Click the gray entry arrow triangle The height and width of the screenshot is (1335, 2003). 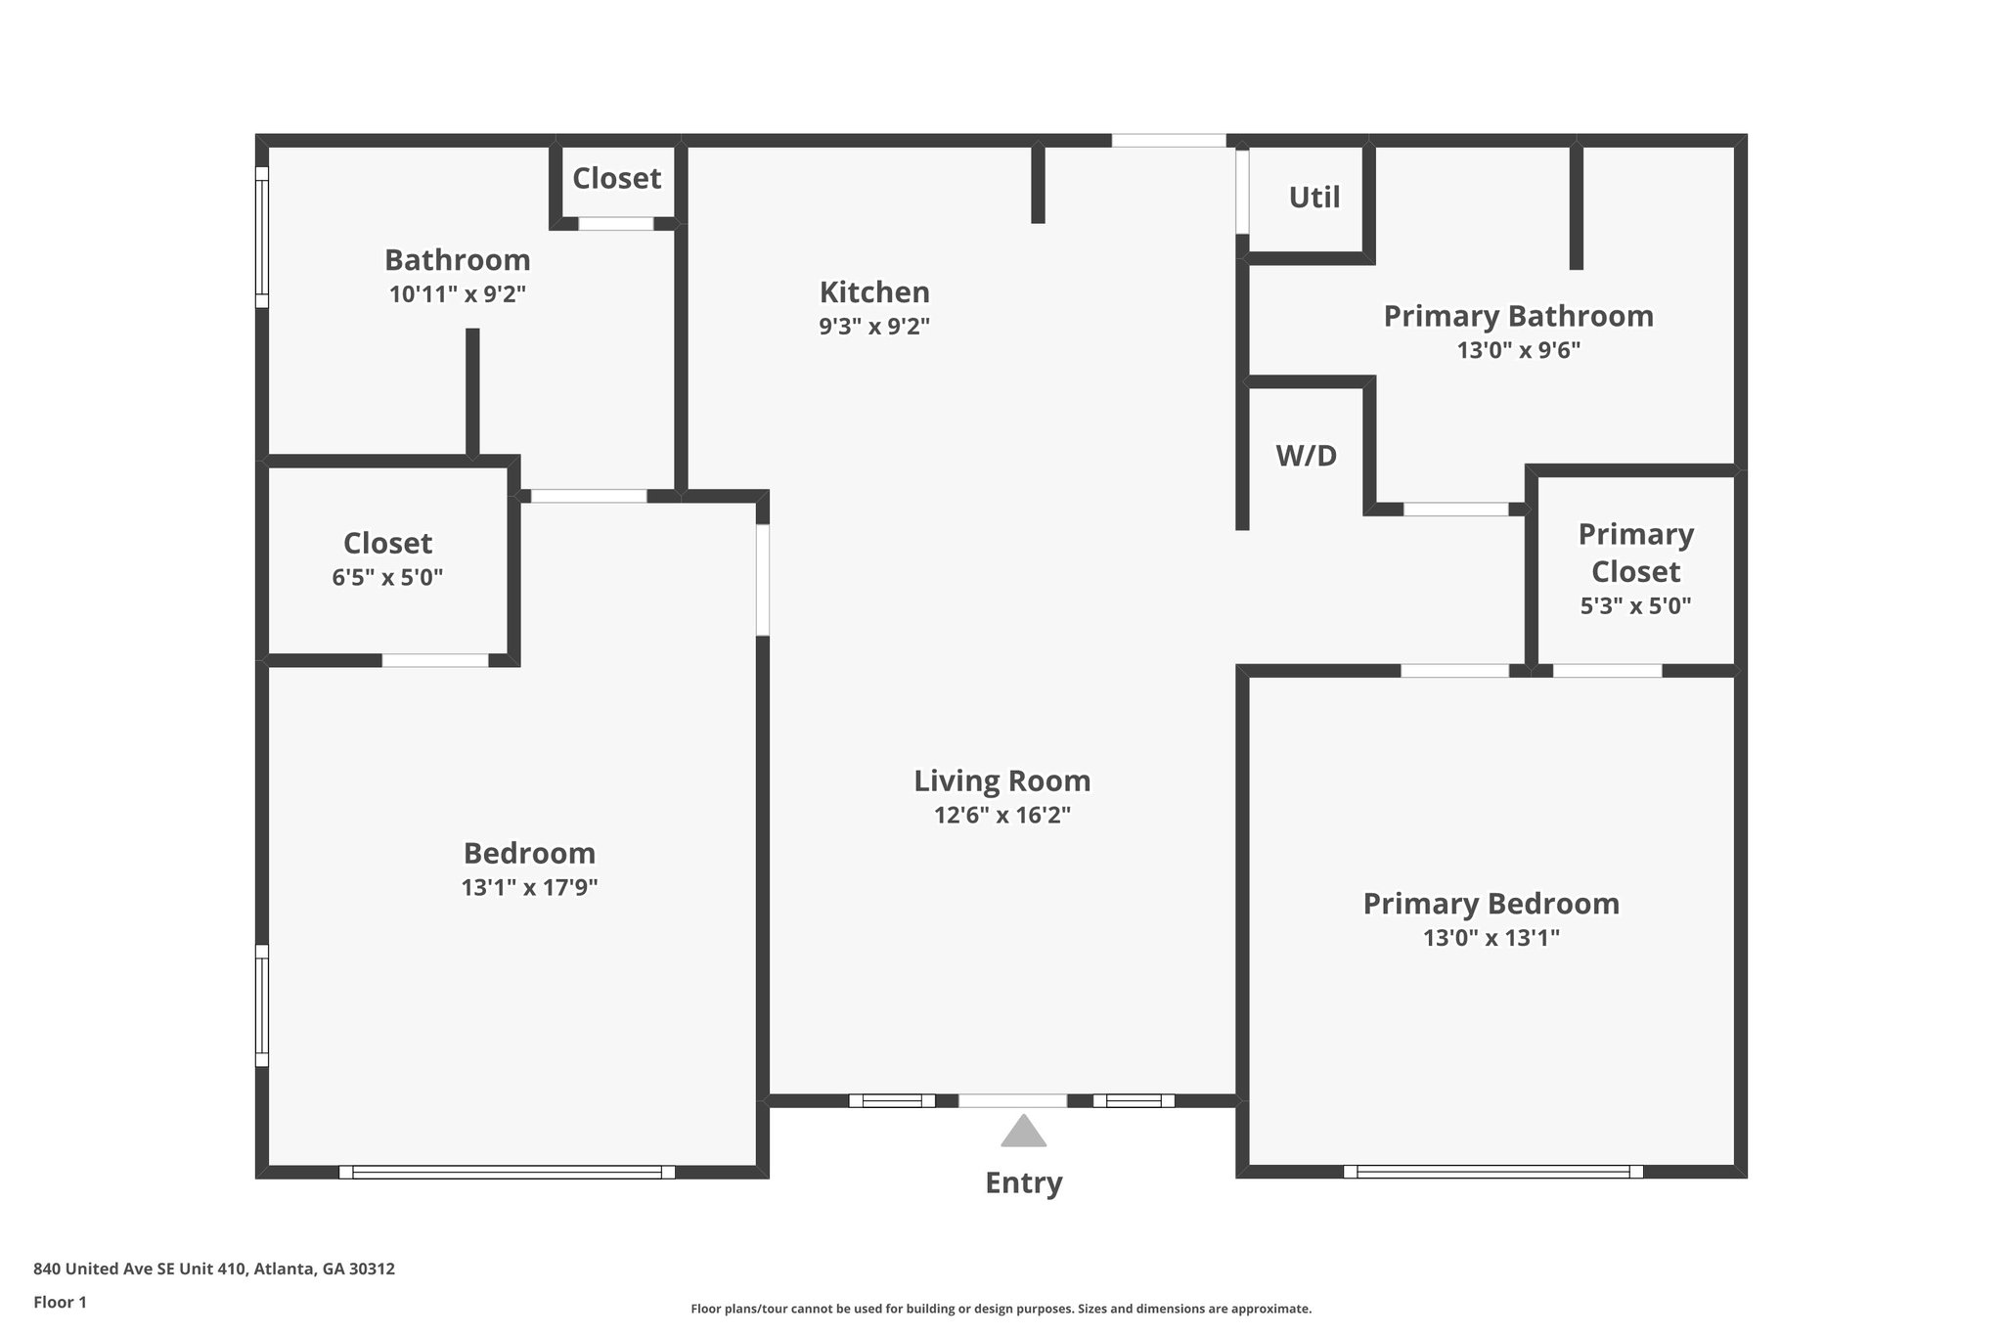(1023, 1133)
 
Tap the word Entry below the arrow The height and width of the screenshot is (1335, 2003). (1023, 1183)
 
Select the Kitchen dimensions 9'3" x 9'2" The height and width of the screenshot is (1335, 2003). (873, 327)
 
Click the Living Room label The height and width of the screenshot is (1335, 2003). (1001, 780)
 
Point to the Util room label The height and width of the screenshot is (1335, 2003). (1313, 198)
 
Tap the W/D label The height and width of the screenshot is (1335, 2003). (1306, 456)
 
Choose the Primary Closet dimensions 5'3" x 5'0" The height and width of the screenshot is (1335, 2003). (1635, 606)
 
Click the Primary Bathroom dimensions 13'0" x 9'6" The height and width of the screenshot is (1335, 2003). (1518, 350)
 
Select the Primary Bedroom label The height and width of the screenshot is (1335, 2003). (1491, 904)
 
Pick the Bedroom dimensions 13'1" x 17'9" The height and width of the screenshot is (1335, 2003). (529, 888)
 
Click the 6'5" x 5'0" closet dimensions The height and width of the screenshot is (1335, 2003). (387, 578)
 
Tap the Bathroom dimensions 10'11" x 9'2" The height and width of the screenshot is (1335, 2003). (457, 294)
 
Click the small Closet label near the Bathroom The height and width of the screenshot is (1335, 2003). (616, 178)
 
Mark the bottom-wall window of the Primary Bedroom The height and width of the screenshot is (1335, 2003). (1492, 1171)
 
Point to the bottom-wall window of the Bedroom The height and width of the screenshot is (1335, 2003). (507, 1172)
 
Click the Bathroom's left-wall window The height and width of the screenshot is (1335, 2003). (262, 237)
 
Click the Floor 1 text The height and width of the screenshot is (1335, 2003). (60, 1303)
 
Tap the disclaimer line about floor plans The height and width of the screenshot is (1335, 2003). (1001, 1309)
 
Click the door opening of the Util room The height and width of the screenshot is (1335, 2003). (1242, 192)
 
